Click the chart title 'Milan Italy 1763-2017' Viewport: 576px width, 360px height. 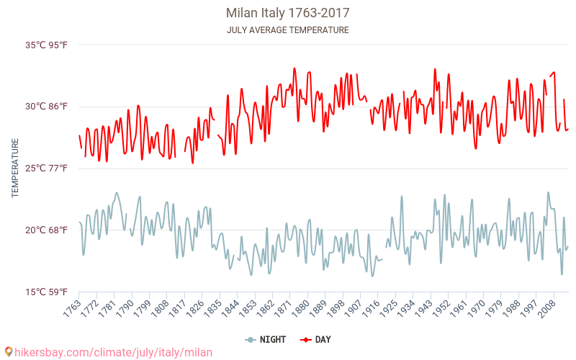pyautogui.click(x=288, y=13)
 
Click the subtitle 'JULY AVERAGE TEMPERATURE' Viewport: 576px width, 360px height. pyautogui.click(x=288, y=30)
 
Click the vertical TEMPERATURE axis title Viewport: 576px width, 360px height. pyautogui.click(x=15, y=168)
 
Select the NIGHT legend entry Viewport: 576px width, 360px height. pyautogui.click(x=266, y=339)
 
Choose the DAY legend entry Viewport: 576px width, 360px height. pyautogui.click(x=316, y=339)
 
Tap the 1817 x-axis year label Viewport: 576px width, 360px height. pyautogui.click(x=176, y=308)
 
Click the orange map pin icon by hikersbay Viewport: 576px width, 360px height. pyautogui.click(x=9, y=352)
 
